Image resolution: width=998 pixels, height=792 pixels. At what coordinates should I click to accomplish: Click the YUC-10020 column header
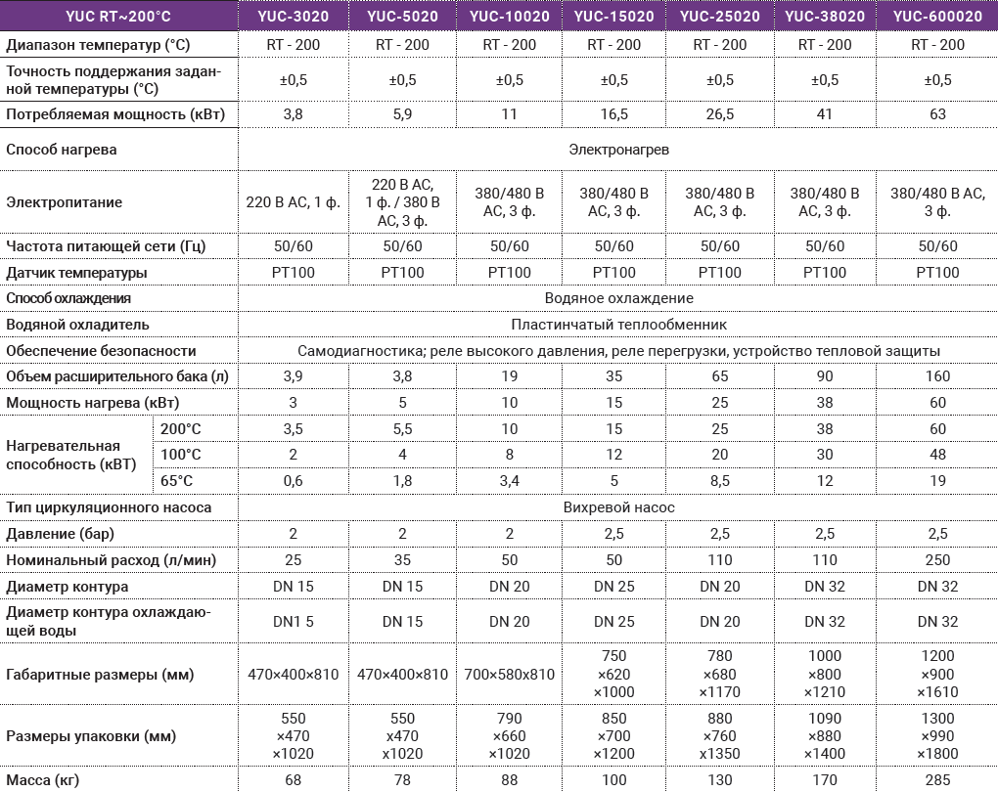pos(509,16)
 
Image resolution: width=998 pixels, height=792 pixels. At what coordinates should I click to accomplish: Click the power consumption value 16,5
pos(613,114)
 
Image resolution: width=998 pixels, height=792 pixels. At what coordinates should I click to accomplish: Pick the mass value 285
pos(937,779)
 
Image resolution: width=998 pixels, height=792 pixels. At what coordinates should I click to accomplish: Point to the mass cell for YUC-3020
pos(293,779)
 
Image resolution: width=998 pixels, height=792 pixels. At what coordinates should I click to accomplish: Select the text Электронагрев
pos(618,150)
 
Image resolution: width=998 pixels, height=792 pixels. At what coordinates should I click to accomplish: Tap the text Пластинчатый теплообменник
pos(618,324)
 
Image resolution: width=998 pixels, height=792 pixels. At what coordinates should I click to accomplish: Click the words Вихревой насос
pos(618,507)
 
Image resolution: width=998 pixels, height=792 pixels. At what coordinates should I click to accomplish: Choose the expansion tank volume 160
pos(937,376)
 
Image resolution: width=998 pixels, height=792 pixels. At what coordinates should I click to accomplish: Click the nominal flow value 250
pos(937,560)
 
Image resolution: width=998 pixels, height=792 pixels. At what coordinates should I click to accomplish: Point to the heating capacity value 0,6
pos(293,481)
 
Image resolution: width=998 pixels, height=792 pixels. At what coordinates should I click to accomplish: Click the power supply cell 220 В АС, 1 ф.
pos(293,203)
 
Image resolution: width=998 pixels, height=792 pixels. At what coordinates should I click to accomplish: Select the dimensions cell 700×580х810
pos(509,674)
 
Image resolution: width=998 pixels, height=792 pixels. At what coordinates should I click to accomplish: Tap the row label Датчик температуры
pos(76,272)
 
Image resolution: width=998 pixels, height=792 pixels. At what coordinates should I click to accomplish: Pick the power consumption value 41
pos(825,114)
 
